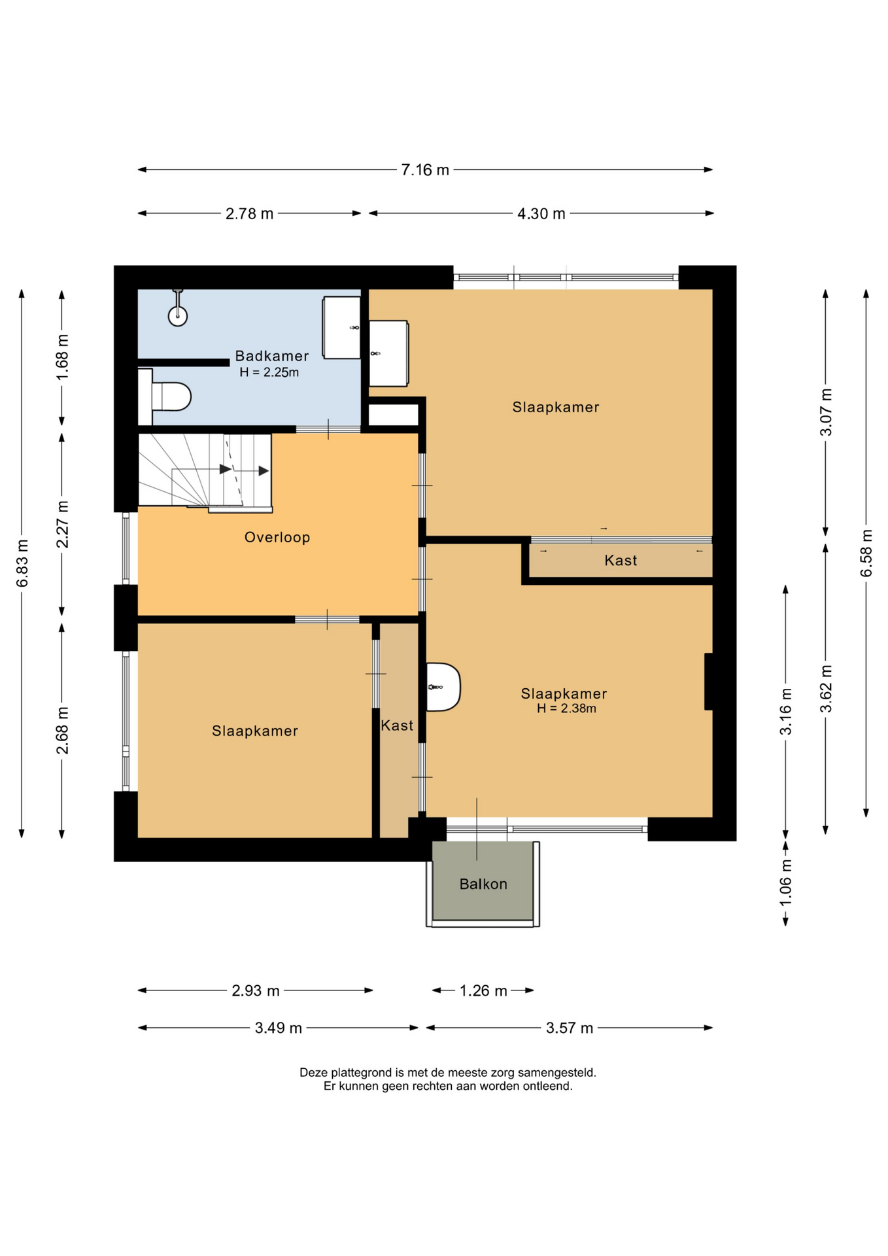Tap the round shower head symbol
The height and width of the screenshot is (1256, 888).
coord(178,316)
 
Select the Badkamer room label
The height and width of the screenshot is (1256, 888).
coord(272,356)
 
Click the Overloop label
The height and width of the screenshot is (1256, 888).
coord(277,537)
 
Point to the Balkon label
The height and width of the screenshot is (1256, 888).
coord(483,884)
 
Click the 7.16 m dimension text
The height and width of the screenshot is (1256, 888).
coord(425,170)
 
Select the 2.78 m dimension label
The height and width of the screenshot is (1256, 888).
coord(249,214)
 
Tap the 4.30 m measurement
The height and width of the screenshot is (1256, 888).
coord(541,214)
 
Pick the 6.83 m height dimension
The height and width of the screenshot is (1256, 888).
coord(22,563)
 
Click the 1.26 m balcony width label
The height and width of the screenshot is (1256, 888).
coord(483,990)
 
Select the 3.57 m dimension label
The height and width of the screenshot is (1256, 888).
coord(570,1028)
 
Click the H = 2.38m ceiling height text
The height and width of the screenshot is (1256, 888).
coord(566,708)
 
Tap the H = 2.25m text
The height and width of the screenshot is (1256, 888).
coord(269,372)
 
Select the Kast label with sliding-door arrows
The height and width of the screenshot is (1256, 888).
coord(621,561)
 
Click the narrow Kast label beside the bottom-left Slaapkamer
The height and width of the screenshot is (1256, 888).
coord(397,725)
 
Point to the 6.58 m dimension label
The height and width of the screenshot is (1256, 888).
coord(866,553)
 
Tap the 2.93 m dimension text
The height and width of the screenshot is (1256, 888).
coord(256,990)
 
